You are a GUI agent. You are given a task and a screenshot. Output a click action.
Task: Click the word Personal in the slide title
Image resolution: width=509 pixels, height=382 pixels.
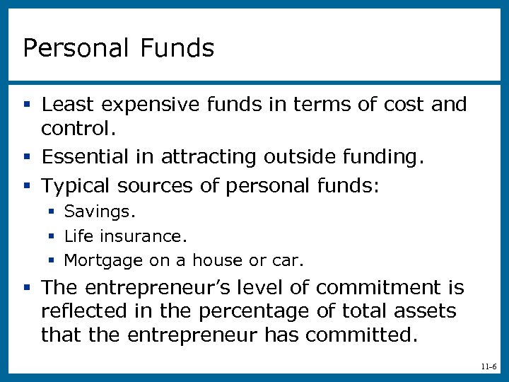tap(75, 48)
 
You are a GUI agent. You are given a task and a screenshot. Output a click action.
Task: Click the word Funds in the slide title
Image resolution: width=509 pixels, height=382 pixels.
tap(177, 48)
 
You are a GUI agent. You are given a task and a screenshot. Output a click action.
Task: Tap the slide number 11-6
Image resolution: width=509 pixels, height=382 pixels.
tap(488, 366)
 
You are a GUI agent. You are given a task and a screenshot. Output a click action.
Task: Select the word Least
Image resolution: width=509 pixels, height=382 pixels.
tap(68, 105)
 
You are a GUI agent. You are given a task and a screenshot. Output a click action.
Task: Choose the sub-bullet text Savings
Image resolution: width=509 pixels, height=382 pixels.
tap(99, 212)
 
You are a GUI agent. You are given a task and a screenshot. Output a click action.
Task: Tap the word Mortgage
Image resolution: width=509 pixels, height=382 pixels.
tap(103, 261)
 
